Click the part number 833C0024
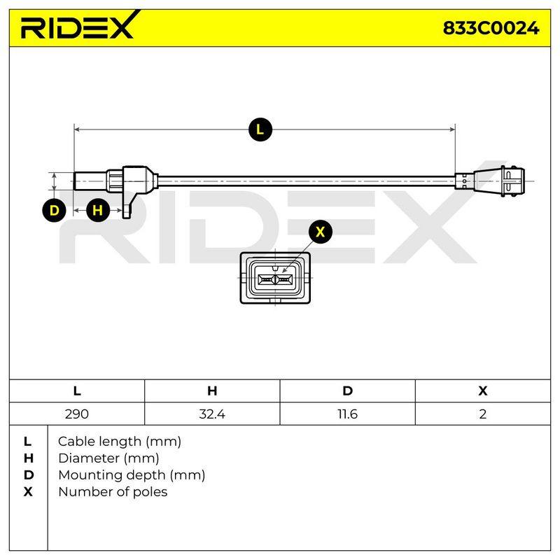point(491,28)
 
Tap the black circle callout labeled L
point(260,129)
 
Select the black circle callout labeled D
point(54,210)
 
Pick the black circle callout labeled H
point(97,210)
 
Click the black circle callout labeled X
point(321,232)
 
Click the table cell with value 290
point(77,414)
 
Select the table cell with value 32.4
point(212,414)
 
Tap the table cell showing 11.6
point(347,414)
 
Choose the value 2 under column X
point(483,414)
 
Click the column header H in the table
point(212,391)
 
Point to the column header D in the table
point(347,391)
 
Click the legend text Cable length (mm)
point(120,442)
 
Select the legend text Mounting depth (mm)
point(132,475)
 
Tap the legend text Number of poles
point(113,492)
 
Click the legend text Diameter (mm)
point(108,458)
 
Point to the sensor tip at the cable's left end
point(90,181)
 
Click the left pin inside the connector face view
point(266,279)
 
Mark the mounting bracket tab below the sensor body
point(127,205)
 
